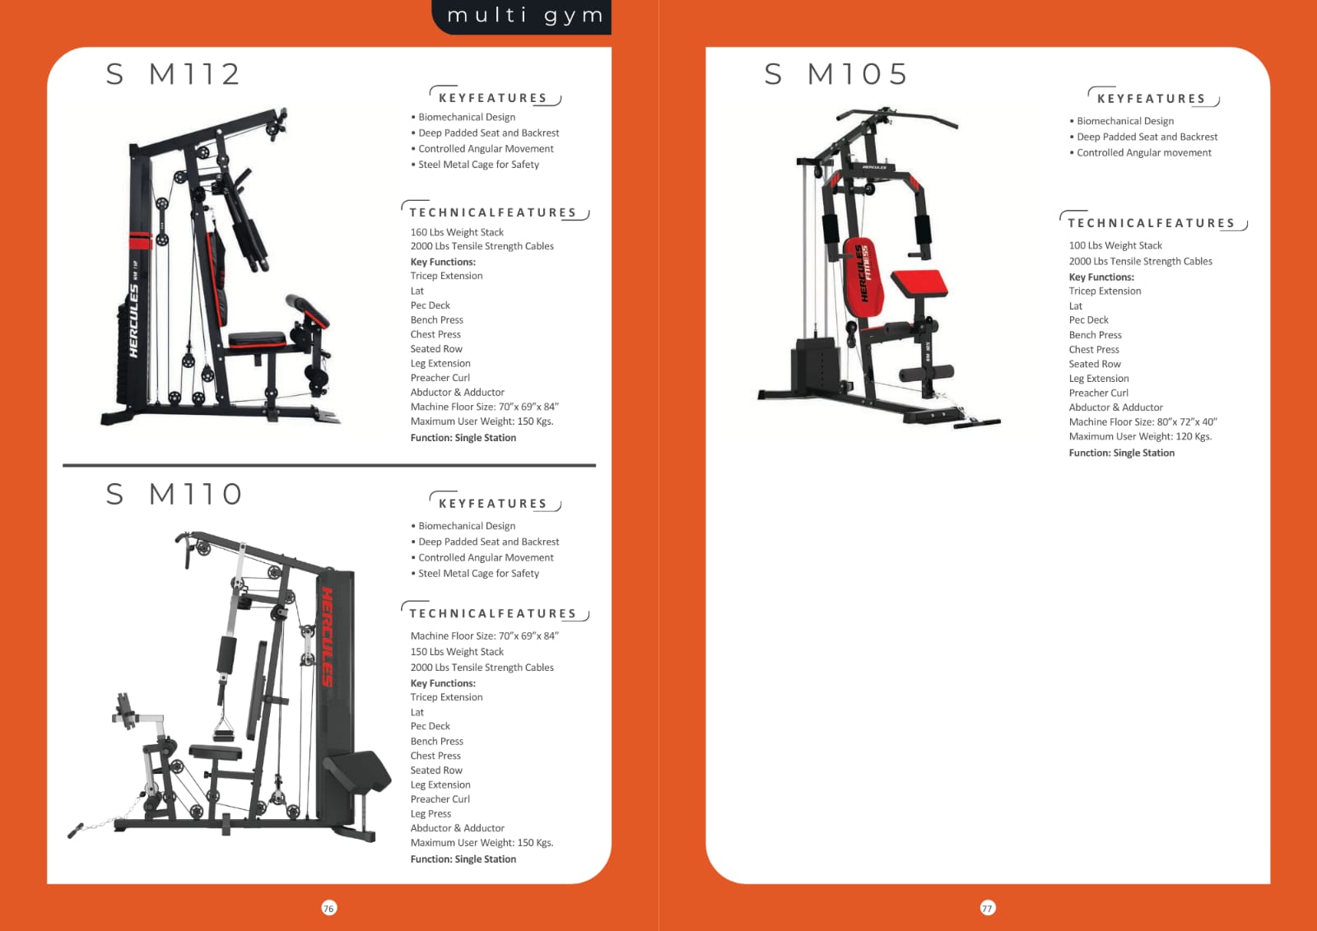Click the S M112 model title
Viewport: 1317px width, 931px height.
click(173, 74)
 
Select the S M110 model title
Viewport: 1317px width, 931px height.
click(174, 493)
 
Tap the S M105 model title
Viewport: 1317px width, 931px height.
click(835, 74)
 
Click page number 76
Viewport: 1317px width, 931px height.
click(328, 908)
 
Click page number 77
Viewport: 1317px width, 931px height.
click(987, 908)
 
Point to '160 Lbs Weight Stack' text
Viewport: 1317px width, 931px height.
click(457, 232)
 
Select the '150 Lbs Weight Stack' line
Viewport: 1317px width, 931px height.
click(457, 652)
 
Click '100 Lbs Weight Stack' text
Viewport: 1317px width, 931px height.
click(1115, 245)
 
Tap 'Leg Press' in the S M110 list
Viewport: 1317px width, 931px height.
click(430, 814)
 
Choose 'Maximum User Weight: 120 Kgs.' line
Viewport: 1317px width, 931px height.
click(1140, 436)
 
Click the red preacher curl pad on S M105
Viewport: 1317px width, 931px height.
click(919, 283)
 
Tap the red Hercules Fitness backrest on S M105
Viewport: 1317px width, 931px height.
click(863, 277)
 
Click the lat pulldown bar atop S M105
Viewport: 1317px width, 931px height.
click(896, 116)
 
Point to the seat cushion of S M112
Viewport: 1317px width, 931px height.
click(257, 340)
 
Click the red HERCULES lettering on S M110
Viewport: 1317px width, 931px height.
click(327, 636)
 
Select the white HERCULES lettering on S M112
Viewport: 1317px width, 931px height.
click(133, 320)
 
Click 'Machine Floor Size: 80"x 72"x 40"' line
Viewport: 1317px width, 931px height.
click(1143, 421)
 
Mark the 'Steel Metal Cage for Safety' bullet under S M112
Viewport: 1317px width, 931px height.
click(475, 165)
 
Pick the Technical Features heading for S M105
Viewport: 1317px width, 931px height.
click(1152, 221)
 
